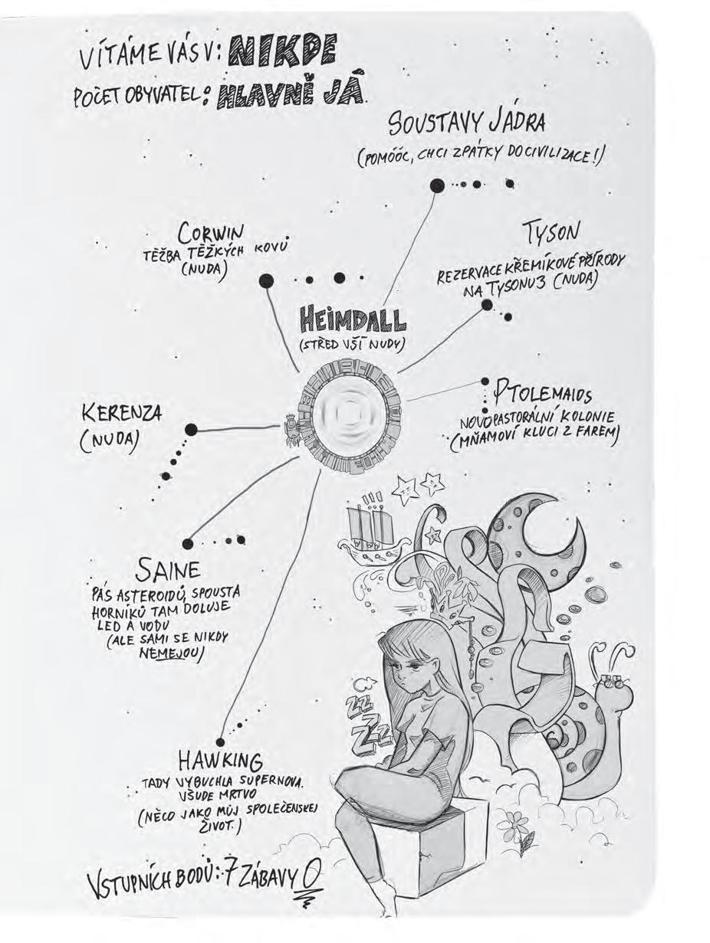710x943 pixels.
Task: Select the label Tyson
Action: point(551,231)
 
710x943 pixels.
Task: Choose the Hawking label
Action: point(221,761)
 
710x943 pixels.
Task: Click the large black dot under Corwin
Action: point(266,281)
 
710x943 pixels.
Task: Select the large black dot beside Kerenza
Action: point(191,430)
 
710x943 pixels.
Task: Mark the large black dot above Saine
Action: point(189,544)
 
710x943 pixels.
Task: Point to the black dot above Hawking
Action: point(221,742)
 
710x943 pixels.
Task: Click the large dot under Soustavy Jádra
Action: point(437,185)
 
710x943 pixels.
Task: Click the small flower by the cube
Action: point(525,842)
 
